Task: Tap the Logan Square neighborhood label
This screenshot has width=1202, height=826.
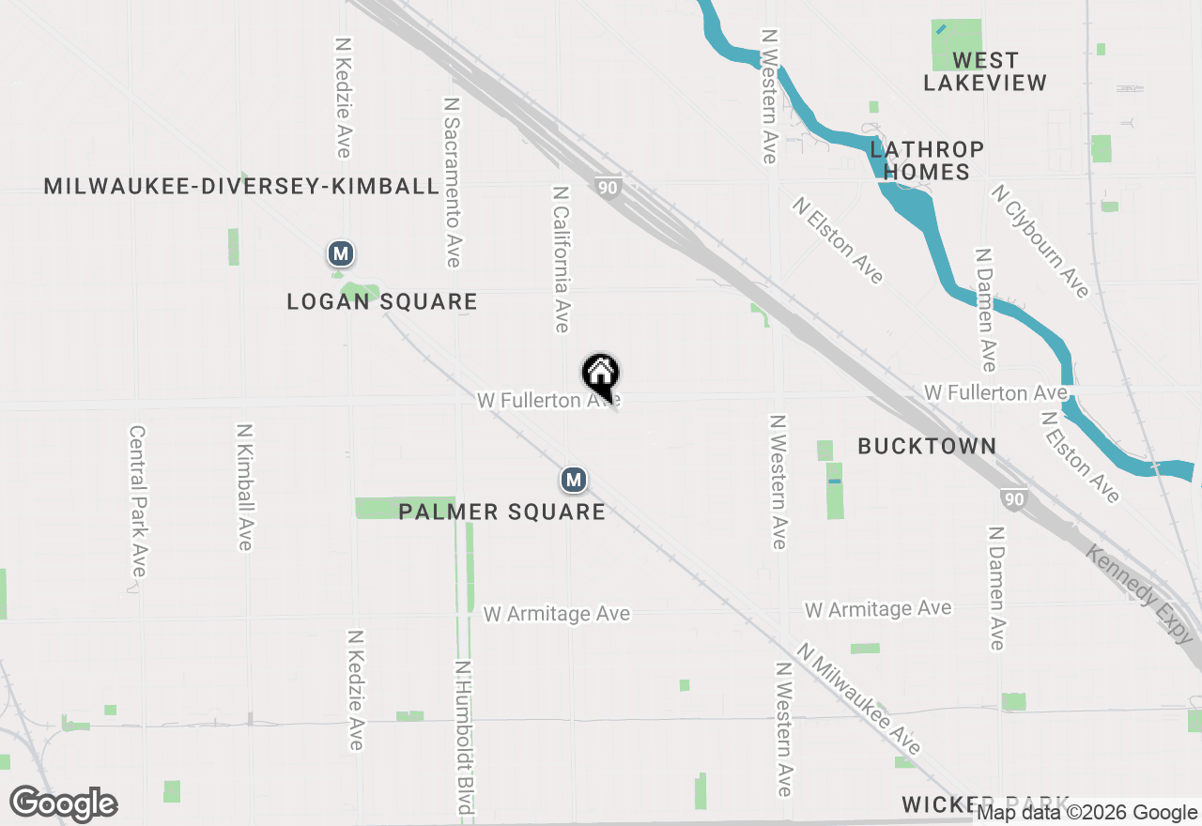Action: pos(382,302)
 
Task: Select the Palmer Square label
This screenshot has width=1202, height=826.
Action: pos(502,512)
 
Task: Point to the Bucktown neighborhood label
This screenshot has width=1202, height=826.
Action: pos(927,446)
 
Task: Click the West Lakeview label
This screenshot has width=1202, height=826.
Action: pos(984,71)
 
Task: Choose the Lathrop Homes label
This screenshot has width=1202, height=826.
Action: pos(926,161)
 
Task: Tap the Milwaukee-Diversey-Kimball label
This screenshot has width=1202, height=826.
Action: pos(242,186)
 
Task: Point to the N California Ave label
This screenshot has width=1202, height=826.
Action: pos(562,258)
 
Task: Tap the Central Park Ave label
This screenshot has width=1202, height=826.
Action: pos(138,501)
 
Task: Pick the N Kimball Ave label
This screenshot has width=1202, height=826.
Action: pos(245,486)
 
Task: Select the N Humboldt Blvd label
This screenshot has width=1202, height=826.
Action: pos(463,737)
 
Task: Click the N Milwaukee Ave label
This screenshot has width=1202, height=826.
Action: pos(859,699)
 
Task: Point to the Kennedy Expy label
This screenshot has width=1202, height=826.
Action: pos(1143,593)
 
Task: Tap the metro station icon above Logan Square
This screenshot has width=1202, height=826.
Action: pos(341,253)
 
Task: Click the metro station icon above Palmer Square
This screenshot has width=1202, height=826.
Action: pos(574,481)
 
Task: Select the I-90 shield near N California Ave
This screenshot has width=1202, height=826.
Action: pos(608,188)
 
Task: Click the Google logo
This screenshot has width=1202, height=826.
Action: pos(63,803)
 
